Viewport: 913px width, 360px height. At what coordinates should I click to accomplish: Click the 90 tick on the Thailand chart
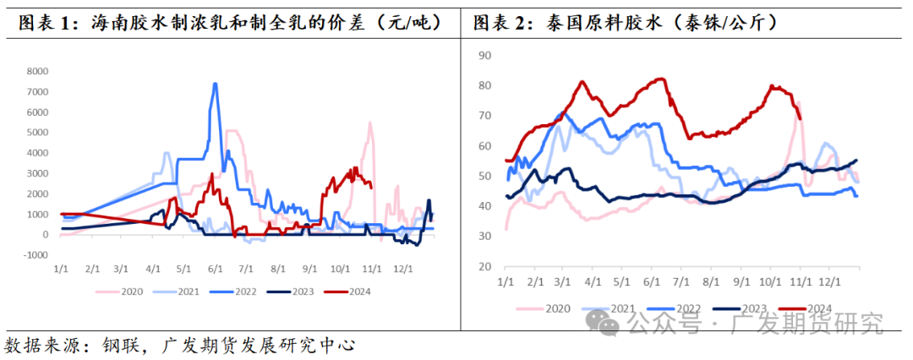[x=484, y=56]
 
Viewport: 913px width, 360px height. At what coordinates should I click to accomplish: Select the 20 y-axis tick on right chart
[x=484, y=267]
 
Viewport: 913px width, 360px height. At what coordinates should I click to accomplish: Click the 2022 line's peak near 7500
[x=215, y=84]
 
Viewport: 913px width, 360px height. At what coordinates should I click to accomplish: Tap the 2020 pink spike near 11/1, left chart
[x=369, y=123]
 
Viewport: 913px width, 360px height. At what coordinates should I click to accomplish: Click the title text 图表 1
[x=47, y=23]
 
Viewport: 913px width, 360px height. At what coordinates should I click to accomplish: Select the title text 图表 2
[x=502, y=23]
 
